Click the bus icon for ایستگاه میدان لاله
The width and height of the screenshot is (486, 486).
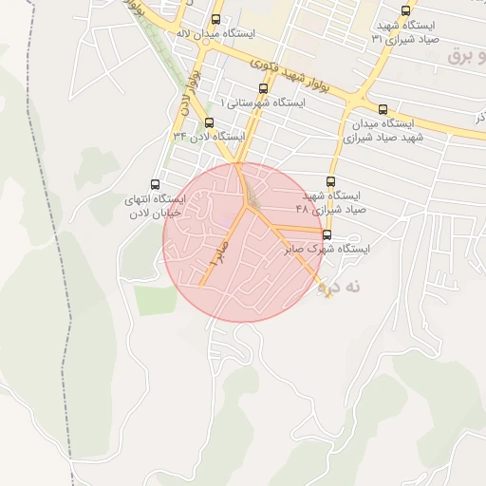[216, 19]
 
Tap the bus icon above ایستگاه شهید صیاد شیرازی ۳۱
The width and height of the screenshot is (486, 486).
[406, 11]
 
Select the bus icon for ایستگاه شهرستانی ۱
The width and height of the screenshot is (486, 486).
[263, 88]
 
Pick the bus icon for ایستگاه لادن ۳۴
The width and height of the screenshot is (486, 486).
[209, 122]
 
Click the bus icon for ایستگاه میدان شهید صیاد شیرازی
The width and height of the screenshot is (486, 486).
[383, 109]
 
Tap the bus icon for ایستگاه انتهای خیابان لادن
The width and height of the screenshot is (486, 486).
[156, 185]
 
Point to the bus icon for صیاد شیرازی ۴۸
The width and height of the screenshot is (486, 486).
[331, 181]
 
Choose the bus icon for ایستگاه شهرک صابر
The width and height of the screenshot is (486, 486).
[327, 234]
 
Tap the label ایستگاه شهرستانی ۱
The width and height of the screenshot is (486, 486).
[263, 102]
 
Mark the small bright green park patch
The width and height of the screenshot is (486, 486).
[156, 300]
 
